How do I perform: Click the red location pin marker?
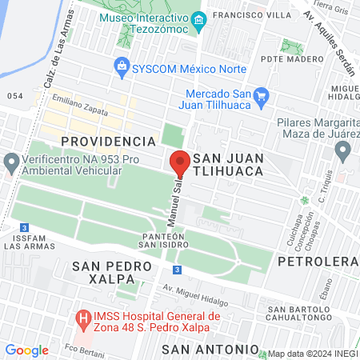pyautogui.click(x=179, y=162)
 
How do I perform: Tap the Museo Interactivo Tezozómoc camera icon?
pyautogui.click(x=199, y=18)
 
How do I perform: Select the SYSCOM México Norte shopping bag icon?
pyautogui.click(x=121, y=64)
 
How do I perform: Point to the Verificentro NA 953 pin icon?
pyautogui.click(x=11, y=164)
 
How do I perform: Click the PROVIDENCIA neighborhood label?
pyautogui.click(x=107, y=141)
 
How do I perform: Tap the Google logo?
pyautogui.click(x=26, y=350)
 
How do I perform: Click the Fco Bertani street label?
pyautogui.click(x=82, y=349)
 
